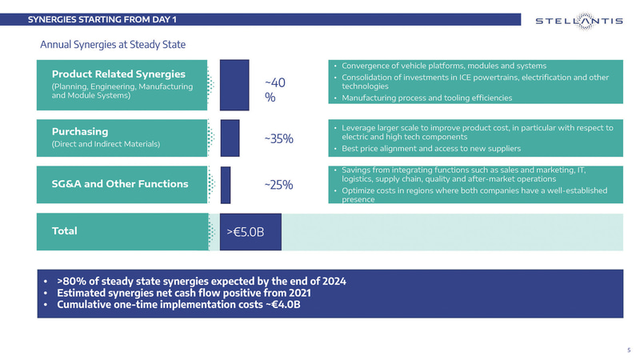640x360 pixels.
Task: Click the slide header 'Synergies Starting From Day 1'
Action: click(103, 19)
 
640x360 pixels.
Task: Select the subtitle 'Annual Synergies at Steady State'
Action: click(113, 44)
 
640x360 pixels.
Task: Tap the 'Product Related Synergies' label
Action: click(118, 74)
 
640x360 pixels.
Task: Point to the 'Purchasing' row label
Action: click(80, 131)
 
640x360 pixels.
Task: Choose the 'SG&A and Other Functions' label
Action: click(120, 184)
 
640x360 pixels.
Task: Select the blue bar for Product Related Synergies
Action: click(234, 83)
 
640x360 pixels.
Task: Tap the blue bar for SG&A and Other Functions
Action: click(226, 185)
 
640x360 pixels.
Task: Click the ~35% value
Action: click(279, 139)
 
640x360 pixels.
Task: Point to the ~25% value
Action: click(279, 186)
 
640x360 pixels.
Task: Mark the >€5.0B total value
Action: click(245, 232)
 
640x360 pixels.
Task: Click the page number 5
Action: click(629, 350)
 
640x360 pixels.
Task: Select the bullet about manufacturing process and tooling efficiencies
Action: click(426, 98)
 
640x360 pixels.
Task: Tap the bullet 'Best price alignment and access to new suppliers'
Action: click(432, 150)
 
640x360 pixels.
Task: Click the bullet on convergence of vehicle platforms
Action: click(443, 65)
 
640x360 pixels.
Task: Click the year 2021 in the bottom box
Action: click(297, 293)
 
